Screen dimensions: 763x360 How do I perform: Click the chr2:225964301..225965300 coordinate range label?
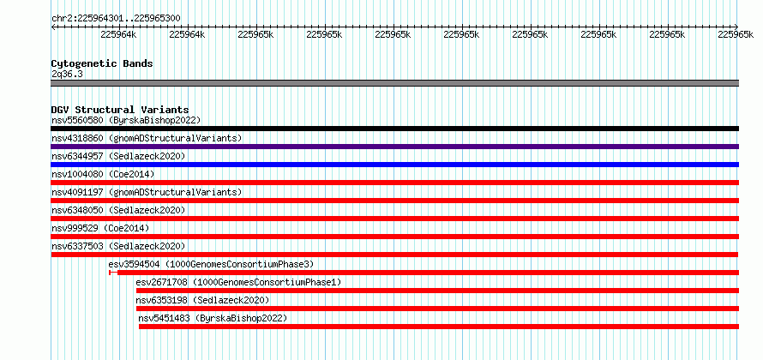point(116,19)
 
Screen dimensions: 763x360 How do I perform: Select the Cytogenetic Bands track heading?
point(102,63)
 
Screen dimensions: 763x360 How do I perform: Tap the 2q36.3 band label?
point(67,74)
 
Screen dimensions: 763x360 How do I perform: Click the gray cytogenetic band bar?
point(394,83)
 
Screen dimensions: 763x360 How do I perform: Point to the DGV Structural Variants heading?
point(120,110)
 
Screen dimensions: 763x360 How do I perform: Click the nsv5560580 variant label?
point(77,120)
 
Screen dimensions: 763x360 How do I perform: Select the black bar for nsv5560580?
point(394,129)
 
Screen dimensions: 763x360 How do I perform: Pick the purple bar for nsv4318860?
point(394,147)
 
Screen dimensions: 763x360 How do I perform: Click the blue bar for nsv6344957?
point(394,165)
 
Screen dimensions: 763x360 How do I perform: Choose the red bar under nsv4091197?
point(394,201)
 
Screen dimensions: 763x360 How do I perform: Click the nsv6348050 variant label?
point(77,210)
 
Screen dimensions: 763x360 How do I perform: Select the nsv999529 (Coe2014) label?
point(100,228)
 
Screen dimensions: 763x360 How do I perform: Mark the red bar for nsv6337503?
point(394,255)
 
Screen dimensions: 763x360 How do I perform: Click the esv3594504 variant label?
point(135,264)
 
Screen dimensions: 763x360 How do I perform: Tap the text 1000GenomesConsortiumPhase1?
point(267,282)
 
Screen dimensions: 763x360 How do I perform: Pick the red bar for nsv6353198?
point(437,309)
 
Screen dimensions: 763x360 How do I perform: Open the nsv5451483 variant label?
point(164,318)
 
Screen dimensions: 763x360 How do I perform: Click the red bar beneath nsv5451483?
point(439,327)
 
